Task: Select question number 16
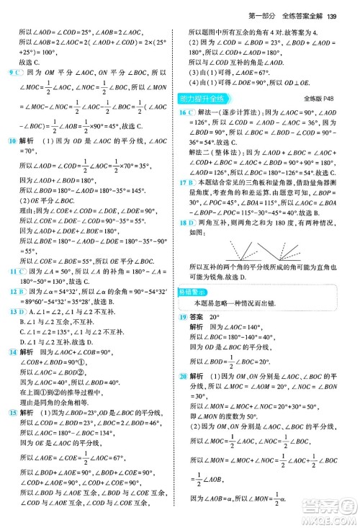[184, 112]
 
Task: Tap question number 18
[184, 224]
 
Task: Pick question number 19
[184, 317]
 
